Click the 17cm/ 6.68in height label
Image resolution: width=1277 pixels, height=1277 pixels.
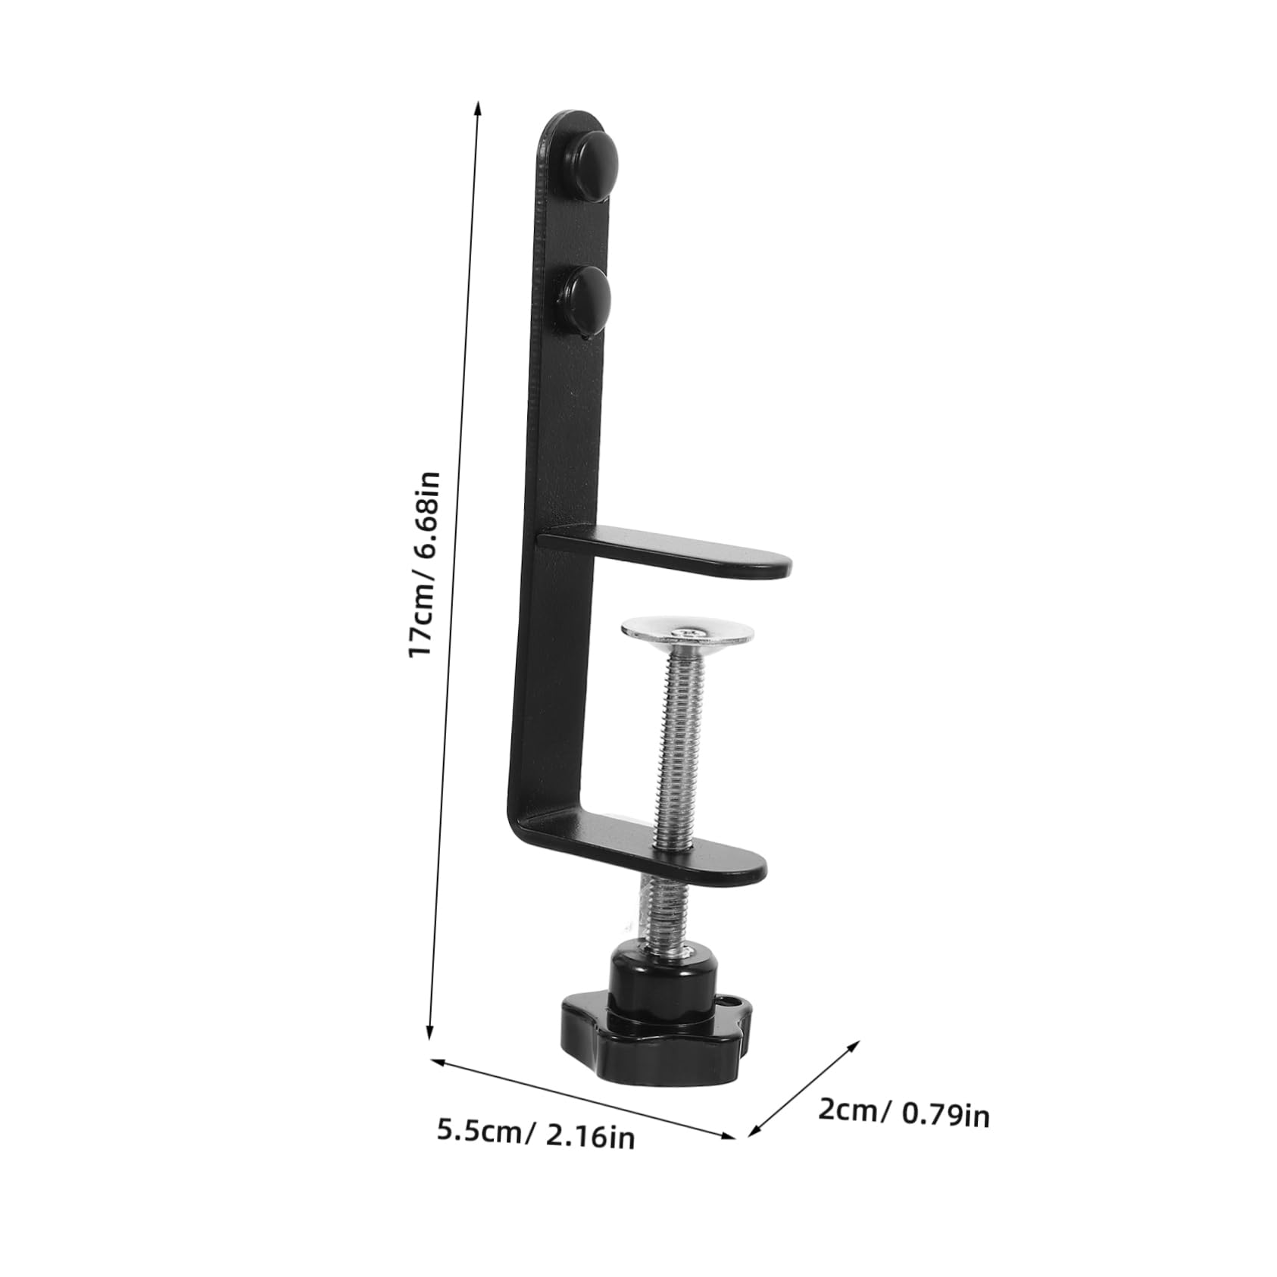click(x=424, y=564)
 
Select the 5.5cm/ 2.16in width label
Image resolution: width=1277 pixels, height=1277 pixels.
click(x=535, y=1154)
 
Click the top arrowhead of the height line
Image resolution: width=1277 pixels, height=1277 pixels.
click(x=477, y=106)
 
